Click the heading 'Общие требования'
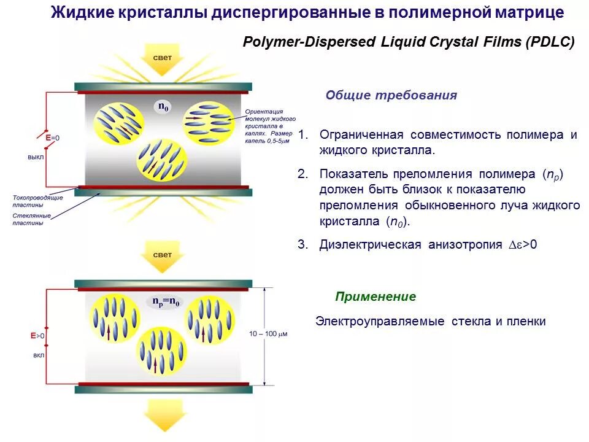pos(391,95)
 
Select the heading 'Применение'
pos(375,297)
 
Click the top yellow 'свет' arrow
pos(163,60)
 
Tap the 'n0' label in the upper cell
pos(164,107)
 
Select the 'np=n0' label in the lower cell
pos(166,302)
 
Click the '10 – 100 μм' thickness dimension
pos(268,334)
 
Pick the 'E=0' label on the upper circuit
pos(52,138)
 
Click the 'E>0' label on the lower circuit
pos(38,336)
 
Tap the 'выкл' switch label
pos(35,157)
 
